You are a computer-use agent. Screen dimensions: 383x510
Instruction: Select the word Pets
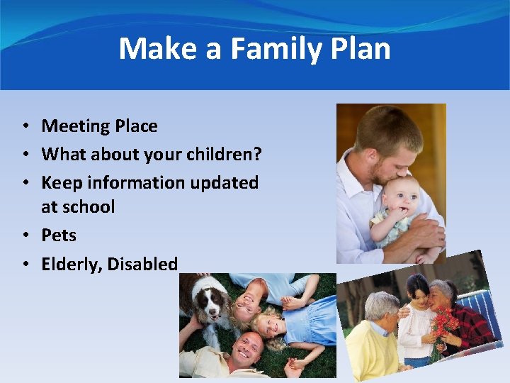point(59,235)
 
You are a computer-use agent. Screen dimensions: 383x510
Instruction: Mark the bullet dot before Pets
point(24,235)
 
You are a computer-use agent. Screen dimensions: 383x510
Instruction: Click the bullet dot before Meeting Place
point(24,126)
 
